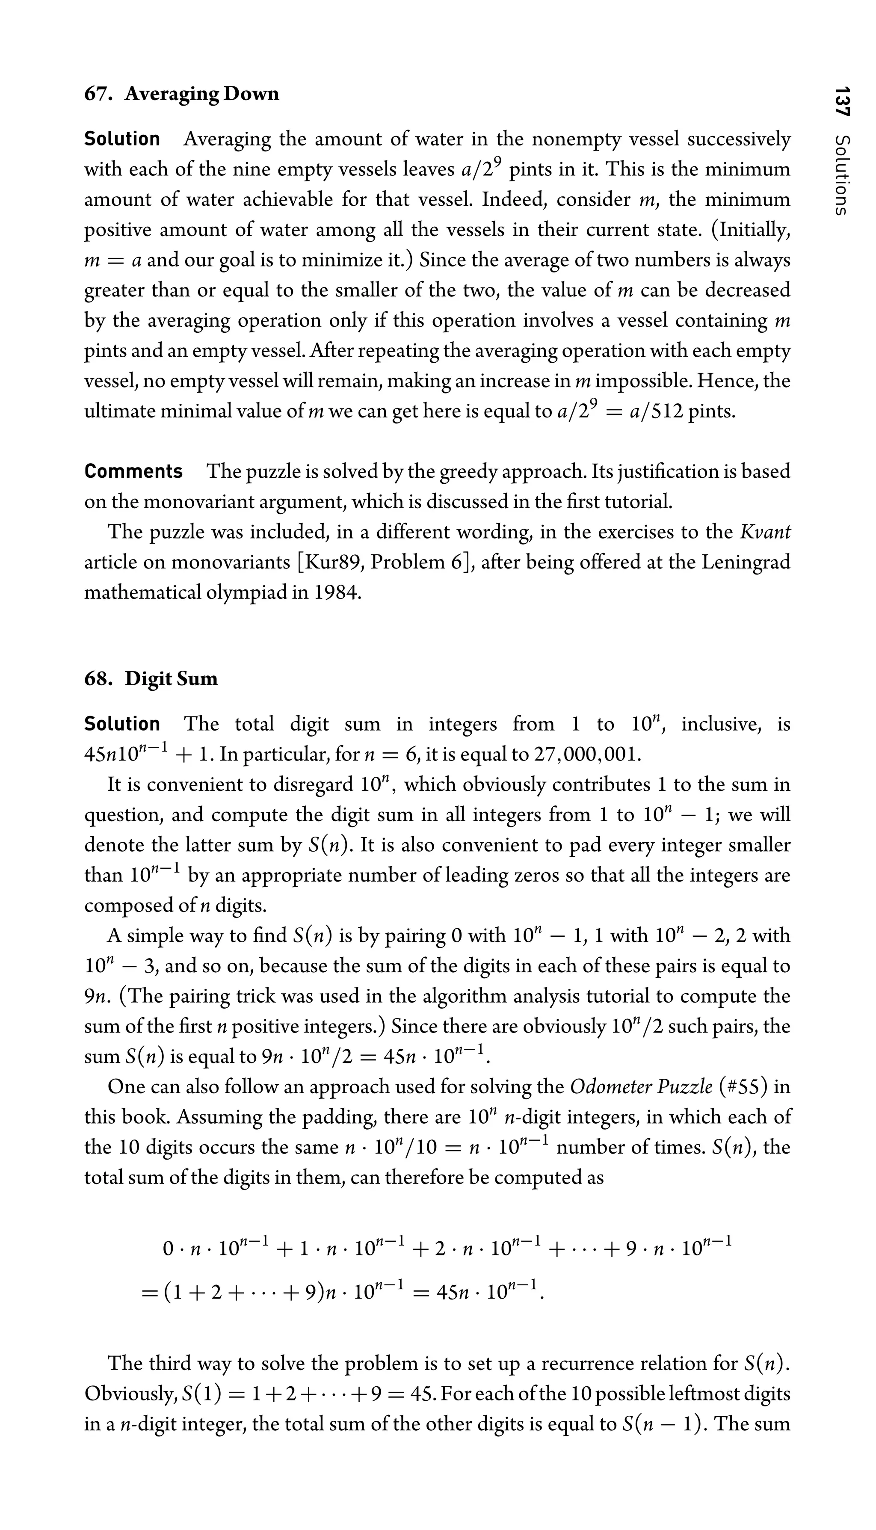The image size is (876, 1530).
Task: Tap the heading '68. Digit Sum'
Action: click(151, 679)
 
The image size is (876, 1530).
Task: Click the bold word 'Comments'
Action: click(133, 471)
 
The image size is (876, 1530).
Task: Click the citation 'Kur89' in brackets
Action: click(332, 562)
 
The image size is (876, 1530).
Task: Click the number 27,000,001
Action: click(586, 755)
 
